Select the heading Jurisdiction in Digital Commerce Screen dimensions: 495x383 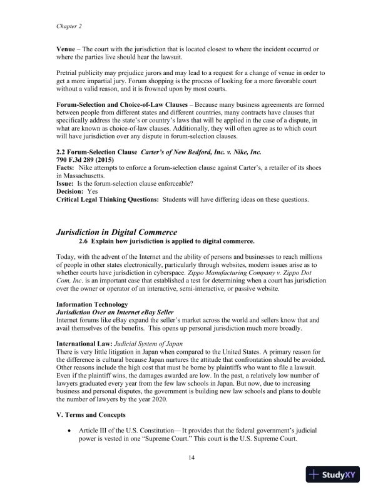pyautogui.click(x=117, y=232)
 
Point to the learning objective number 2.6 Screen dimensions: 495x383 pyautogui.click(x=83, y=241)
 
